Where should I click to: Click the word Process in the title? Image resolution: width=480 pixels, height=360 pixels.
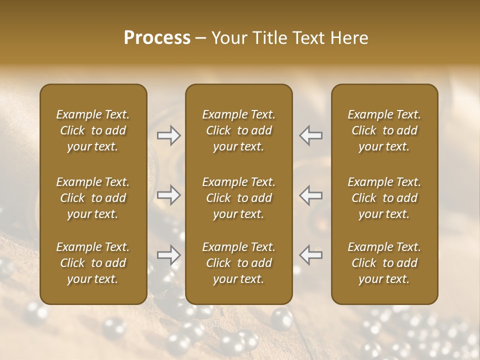point(157,38)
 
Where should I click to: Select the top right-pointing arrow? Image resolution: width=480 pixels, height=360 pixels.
point(169,135)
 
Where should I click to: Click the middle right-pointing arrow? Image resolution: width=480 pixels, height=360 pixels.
point(169,195)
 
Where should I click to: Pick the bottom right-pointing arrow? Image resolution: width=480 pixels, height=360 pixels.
point(169,255)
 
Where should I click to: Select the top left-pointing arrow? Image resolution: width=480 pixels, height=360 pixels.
point(311,135)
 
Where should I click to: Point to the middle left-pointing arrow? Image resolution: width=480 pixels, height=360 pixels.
point(311,195)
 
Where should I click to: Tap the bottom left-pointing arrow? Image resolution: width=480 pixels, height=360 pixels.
point(311,255)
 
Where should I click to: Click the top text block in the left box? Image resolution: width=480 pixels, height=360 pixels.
point(93,130)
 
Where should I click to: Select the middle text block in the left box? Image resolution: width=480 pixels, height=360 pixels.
point(93,198)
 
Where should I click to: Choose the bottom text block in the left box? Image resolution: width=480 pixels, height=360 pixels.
point(93,263)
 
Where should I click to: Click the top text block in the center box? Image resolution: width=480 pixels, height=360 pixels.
point(239,130)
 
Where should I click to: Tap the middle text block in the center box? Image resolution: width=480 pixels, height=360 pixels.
point(239,198)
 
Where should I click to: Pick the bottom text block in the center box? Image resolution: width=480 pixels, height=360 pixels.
point(239,263)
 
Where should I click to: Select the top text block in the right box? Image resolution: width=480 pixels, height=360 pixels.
point(384,130)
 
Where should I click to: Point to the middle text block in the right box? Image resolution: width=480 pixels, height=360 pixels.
point(384,198)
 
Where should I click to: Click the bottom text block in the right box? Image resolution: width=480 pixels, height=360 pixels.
point(384,263)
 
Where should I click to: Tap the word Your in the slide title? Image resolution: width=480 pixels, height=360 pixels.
point(227,38)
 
